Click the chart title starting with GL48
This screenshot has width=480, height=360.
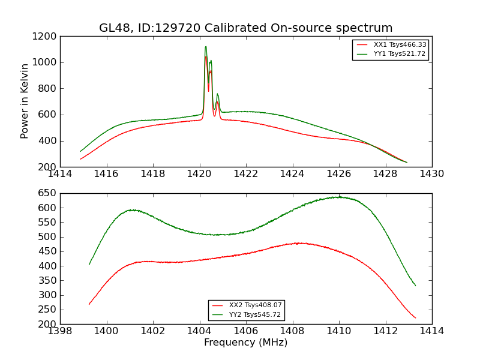coord(246,28)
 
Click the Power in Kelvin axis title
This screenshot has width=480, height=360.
coord(25,101)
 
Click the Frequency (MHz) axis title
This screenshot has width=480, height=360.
coord(246,343)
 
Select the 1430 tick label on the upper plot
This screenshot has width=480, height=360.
coord(432,174)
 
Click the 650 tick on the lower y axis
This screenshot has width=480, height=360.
coord(47,193)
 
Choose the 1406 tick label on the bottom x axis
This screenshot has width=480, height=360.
coord(246,331)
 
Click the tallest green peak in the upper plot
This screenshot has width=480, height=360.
coord(206,47)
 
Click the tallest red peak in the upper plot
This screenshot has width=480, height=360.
coord(206,57)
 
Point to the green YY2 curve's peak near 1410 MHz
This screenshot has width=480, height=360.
coord(339,197)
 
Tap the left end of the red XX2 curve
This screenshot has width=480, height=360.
coord(89,304)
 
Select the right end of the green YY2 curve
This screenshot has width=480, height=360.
coord(415,286)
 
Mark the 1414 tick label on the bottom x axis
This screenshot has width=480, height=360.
coord(432,331)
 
